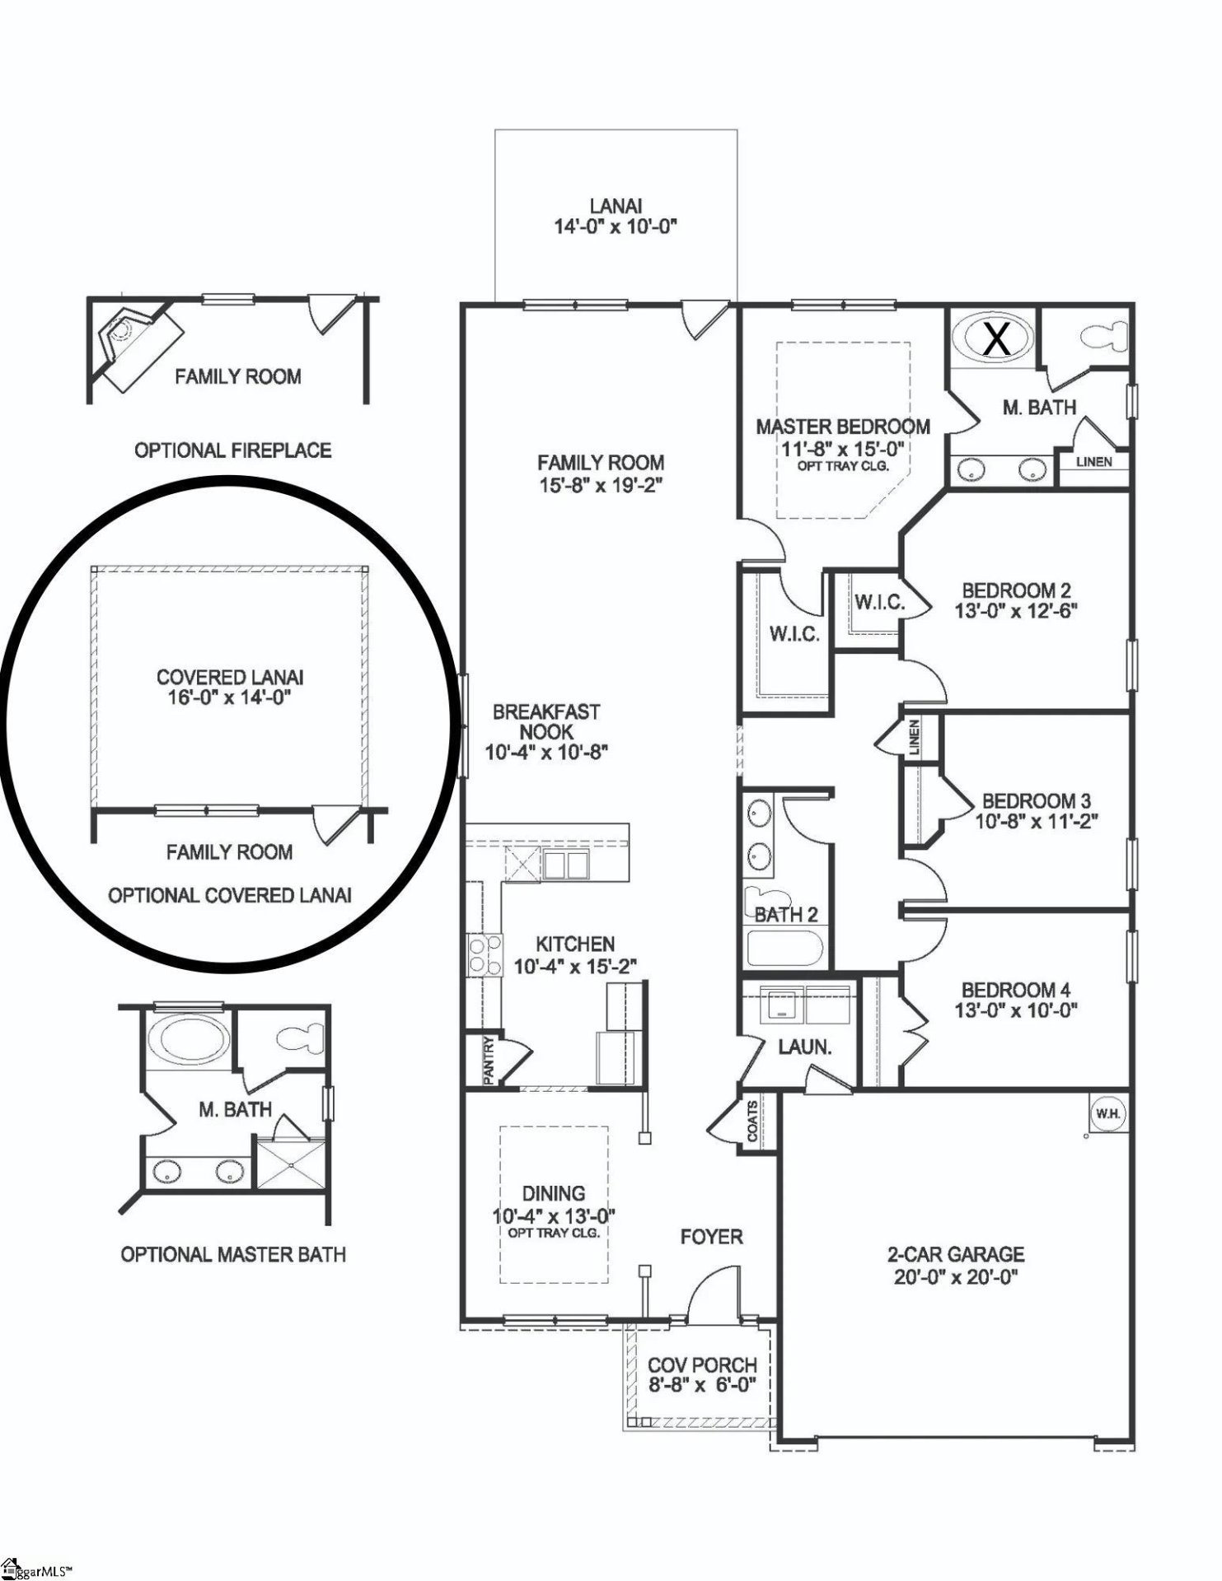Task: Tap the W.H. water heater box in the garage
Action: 1107,1113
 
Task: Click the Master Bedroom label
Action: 842,427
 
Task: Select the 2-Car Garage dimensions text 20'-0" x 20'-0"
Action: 955,1277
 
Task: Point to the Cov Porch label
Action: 701,1364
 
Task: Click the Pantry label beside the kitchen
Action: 489,1060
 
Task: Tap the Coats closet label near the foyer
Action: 752,1121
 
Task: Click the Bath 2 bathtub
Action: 784,949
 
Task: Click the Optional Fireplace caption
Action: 233,450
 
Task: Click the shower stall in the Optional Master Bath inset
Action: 291,1164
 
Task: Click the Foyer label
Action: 711,1237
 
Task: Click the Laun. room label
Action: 804,1047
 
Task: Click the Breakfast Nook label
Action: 546,721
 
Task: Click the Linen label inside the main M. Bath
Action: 1093,462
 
